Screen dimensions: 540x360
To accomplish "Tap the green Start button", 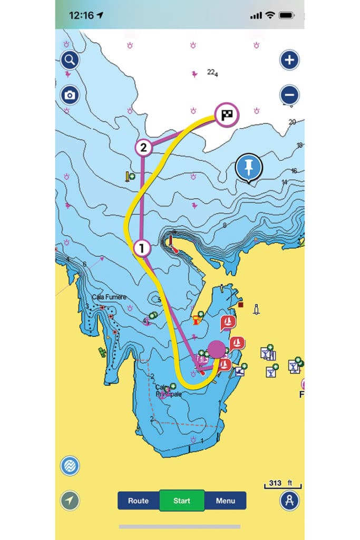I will pos(181,500).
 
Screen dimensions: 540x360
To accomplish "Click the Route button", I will pos(139,500).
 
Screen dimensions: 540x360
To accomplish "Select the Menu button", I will pos(225,500).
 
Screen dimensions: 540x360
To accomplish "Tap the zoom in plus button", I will pos(289,60).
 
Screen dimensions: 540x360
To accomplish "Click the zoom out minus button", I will pos(289,95).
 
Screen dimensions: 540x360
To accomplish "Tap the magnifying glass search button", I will pos(70,60).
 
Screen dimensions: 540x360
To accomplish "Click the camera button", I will pos(70,95).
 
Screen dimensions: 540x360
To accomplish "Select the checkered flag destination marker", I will pos(227,114).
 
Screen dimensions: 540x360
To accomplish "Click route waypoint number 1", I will pos(142,247).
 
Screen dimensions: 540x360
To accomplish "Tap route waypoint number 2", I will pos(143,148).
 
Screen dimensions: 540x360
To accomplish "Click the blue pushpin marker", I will pos(249,167).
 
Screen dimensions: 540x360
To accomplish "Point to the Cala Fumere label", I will pos(109,297).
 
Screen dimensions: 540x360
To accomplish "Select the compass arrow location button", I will pos(70,500).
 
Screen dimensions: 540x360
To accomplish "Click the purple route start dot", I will pos(216,349).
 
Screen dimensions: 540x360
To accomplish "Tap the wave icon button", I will pos(70,466).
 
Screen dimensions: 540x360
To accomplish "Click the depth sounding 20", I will pos(292,122).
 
